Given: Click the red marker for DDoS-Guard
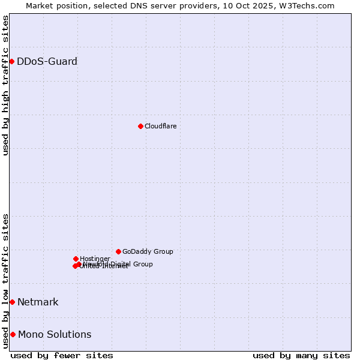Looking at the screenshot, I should pos(11,61).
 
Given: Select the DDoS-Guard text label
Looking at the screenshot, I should pos(47,61).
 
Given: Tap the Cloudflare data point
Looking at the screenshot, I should pos(140,126).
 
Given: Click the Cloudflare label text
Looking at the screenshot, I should pos(160,126).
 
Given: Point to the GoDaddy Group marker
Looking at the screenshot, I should pos(118,251).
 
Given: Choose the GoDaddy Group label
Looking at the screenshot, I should pos(148,251).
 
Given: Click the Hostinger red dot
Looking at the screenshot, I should pos(76,259).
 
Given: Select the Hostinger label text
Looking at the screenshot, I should pos(95,259).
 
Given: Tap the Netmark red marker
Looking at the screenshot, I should pos(12,302).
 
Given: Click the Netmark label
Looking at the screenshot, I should pos(38,302).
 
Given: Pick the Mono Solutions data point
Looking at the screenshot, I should pos(13,334).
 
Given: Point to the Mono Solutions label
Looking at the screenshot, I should pos(55,334).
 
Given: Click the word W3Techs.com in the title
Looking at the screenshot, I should pos(310,5).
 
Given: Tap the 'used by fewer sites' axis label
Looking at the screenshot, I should pos(62,355).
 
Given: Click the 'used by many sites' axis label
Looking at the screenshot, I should pos(301,355).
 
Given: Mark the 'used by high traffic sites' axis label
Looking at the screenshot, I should pos(5,85).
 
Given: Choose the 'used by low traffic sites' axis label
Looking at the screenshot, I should pos(5,281).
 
